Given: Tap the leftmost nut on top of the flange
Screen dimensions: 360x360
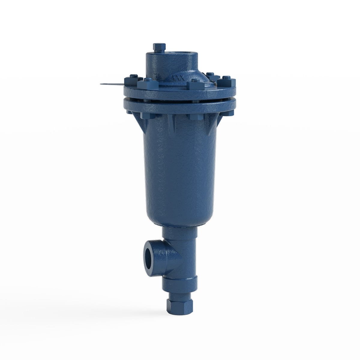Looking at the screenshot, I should (x=133, y=79).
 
